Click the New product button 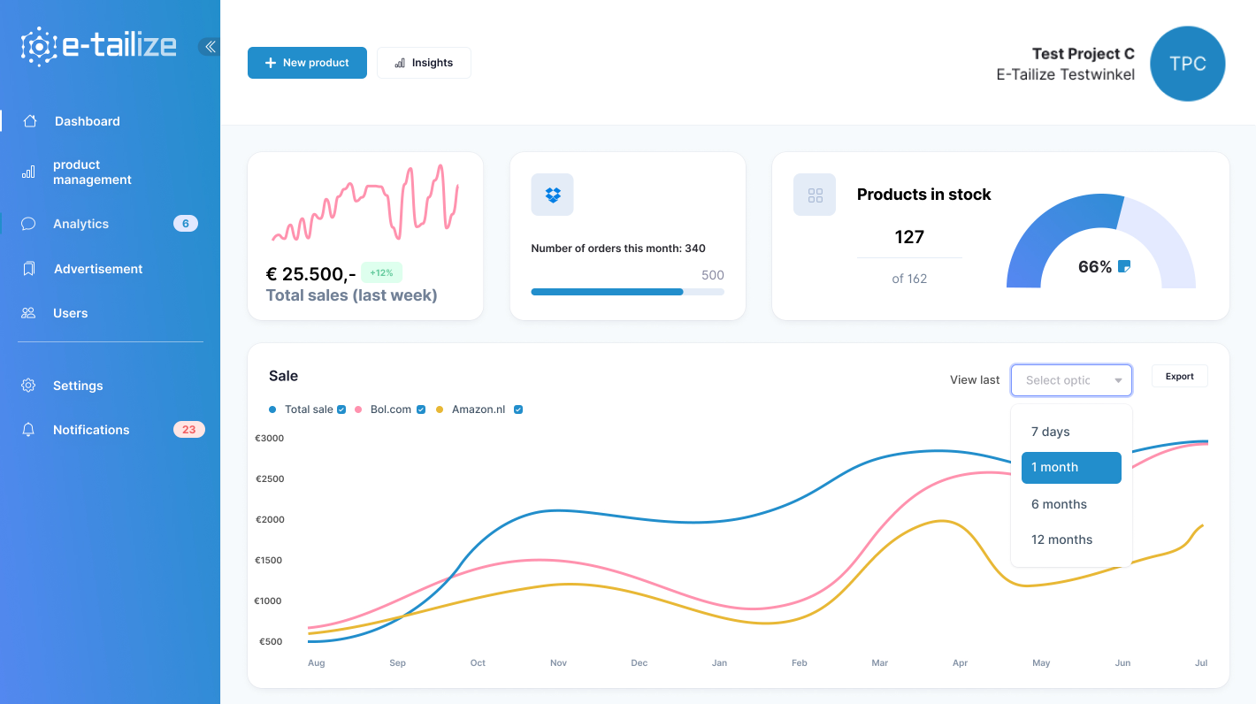[307, 63]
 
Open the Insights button [424, 63]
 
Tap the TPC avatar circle [1187, 64]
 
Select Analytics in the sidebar [80, 224]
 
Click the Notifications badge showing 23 [188, 430]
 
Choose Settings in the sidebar [78, 386]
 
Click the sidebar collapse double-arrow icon [210, 47]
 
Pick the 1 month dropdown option [1070, 468]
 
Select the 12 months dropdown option [1061, 539]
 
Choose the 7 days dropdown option [1050, 432]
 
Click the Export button [1179, 376]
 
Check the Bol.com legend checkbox [421, 409]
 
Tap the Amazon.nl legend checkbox [518, 409]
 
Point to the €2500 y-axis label [270, 478]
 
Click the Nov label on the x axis [558, 662]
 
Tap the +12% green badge [381, 272]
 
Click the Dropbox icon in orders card [552, 195]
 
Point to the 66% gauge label [1095, 267]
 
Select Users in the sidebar [70, 313]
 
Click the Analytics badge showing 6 [185, 224]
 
